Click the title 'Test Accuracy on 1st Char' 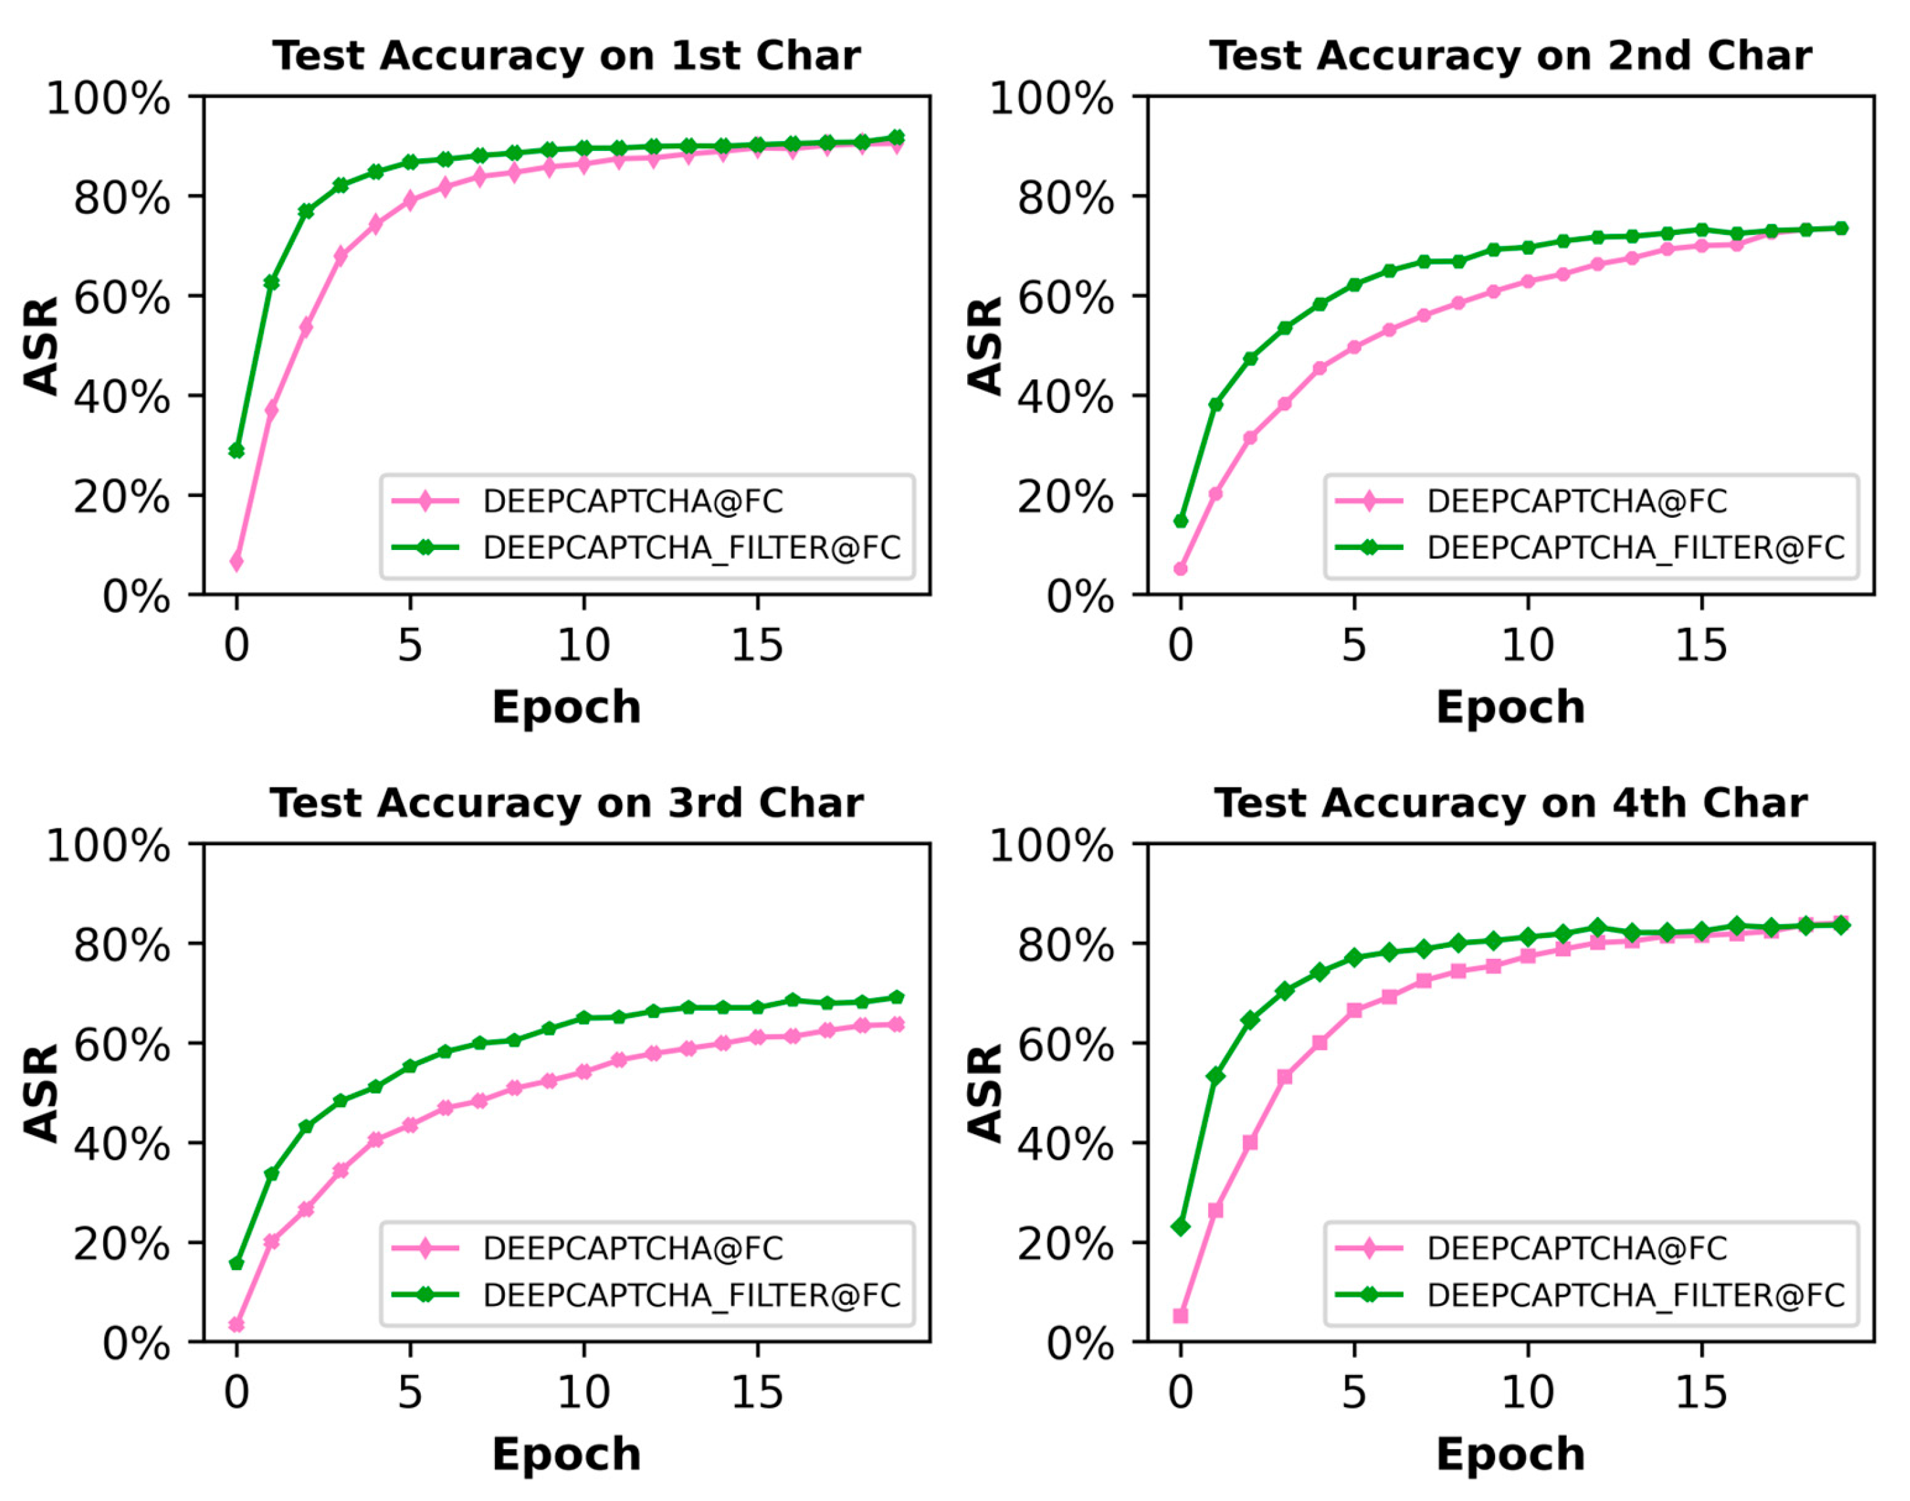566,56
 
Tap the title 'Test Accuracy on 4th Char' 1510,803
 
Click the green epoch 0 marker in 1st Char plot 236,451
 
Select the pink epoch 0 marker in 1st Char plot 236,562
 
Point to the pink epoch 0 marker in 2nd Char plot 1181,568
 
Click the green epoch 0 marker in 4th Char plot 1181,1226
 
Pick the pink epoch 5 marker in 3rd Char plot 410,1125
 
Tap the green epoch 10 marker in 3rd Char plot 584,1018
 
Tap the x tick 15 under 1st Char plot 757,646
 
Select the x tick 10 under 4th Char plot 1528,1392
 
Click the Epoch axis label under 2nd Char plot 1510,707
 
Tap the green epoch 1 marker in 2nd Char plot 1215,405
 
